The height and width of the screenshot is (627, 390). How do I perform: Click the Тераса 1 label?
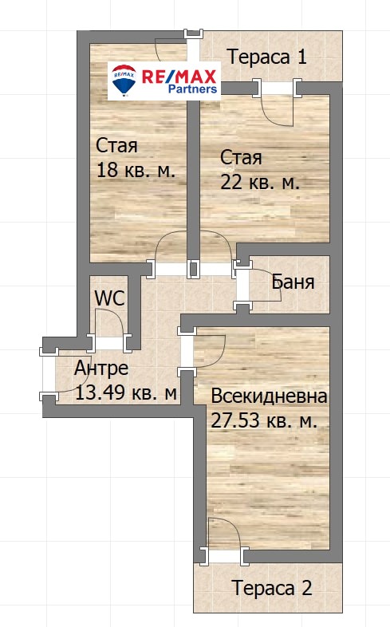[267, 57]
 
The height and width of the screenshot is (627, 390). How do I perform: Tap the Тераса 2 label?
[271, 589]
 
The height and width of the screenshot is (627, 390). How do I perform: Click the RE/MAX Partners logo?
[164, 81]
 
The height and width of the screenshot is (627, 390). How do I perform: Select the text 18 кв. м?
[136, 170]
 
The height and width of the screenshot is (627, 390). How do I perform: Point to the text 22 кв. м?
[261, 181]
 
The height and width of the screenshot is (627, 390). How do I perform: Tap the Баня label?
[293, 282]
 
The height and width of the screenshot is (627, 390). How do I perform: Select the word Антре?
[100, 369]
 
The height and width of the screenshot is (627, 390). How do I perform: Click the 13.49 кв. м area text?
[126, 392]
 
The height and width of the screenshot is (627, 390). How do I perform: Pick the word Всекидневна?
[270, 396]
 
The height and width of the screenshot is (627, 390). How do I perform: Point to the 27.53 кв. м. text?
[264, 420]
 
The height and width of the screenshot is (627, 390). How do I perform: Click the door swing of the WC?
[110, 324]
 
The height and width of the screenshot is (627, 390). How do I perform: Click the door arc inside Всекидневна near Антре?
[209, 349]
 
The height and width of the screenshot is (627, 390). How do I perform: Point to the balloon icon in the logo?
[122, 80]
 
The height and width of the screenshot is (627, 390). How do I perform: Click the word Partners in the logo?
[191, 90]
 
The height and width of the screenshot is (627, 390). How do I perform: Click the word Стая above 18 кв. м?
[117, 147]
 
